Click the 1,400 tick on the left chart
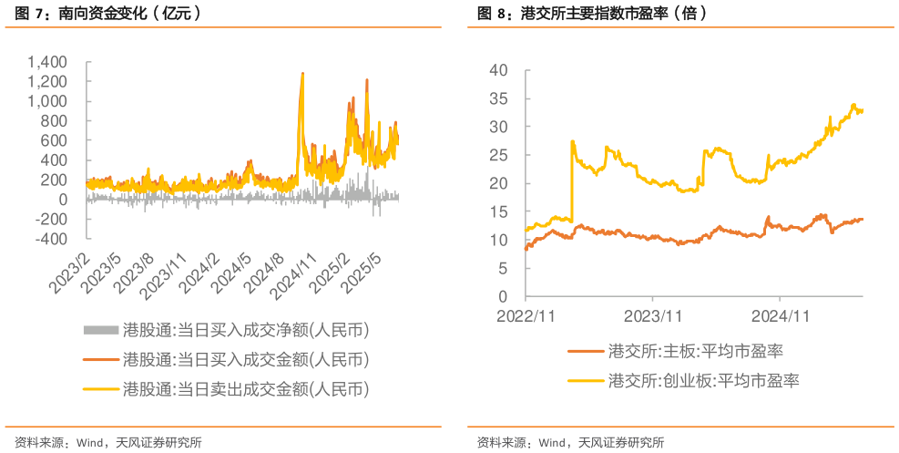46,62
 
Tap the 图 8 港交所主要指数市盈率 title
592,15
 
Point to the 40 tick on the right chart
497,69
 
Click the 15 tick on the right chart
497,211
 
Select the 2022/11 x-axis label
526,315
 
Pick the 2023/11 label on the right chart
653,315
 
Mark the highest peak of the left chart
301,73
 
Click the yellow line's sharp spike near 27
571,141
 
